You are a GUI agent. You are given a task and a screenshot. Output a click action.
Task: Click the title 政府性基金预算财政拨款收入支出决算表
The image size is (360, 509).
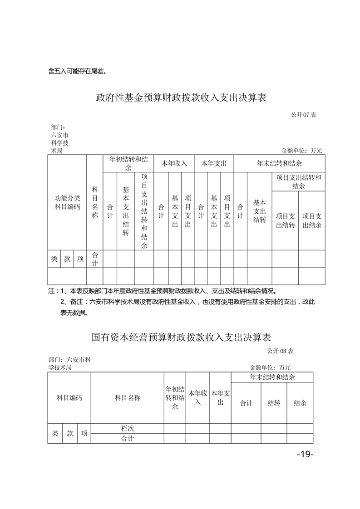181,98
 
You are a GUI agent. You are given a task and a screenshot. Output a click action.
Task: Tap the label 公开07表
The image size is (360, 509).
303,114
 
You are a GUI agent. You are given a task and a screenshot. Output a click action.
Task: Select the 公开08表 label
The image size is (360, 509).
281,351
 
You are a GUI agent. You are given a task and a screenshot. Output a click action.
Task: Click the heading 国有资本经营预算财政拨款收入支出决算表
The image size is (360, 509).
181,338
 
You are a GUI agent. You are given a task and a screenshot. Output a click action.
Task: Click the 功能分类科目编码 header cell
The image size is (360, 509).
67,202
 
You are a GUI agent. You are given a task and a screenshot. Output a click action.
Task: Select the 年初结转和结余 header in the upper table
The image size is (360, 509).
128,163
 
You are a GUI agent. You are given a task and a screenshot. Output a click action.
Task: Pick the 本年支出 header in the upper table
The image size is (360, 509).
214,163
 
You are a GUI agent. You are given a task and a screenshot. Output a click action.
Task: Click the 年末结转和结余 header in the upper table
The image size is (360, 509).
279,163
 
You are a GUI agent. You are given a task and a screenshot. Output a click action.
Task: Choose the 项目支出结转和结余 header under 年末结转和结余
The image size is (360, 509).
298,181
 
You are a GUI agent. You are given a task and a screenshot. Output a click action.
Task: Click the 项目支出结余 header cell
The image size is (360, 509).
312,220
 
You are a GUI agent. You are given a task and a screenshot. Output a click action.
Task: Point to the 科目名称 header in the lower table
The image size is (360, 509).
128,398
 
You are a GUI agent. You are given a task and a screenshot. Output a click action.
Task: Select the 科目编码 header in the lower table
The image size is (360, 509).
69,398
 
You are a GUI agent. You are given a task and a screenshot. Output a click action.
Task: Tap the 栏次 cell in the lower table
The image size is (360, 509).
128,428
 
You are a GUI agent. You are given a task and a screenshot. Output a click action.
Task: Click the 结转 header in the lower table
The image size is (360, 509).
274,402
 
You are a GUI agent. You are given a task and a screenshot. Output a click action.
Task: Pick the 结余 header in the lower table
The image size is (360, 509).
300,402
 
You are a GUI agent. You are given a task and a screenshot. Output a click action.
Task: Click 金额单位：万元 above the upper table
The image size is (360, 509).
301,151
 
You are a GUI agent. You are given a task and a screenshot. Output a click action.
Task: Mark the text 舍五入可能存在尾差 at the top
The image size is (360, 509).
77,71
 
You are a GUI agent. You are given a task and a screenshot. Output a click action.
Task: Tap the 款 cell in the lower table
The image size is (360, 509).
70,433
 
